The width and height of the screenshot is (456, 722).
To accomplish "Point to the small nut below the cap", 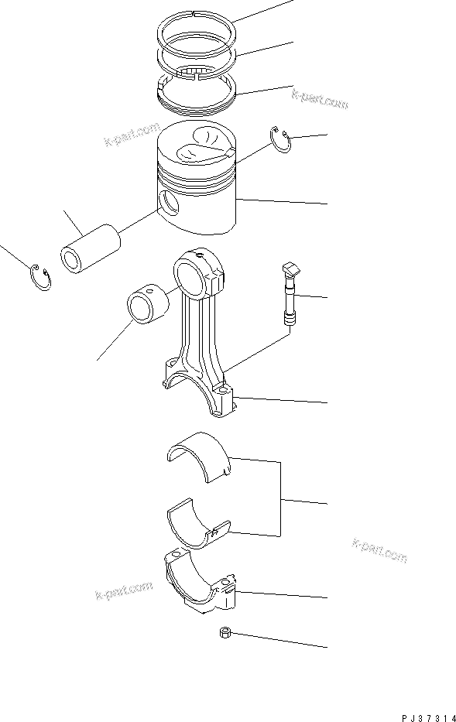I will coord(224,633).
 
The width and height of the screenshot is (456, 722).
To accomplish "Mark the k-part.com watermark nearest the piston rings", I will coord(320,100).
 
